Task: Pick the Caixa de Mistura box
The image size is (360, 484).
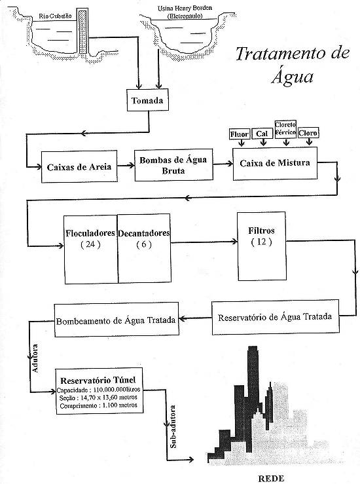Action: pos(274,160)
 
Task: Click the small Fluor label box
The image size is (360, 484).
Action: pos(240,134)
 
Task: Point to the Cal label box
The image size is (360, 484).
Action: pos(263,134)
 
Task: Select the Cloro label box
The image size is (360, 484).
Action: pos(308,133)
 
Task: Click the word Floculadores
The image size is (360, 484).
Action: pos(90,233)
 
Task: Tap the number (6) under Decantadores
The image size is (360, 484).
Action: pos(143,244)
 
